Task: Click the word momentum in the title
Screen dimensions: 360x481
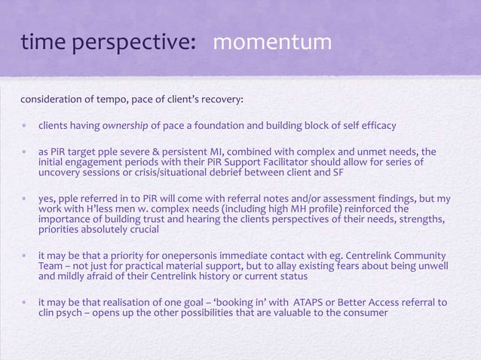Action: pyautogui.click(x=272, y=44)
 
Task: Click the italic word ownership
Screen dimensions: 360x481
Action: pyautogui.click(x=109, y=125)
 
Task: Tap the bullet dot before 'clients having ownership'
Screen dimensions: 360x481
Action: pyautogui.click(x=26, y=125)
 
